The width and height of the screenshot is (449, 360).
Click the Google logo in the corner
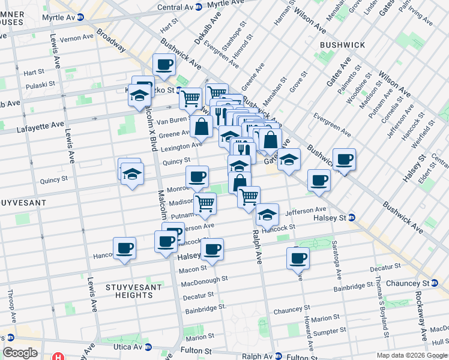point(20,353)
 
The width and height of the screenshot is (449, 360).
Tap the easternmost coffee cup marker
point(344,159)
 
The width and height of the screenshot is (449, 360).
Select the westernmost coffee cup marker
point(124,248)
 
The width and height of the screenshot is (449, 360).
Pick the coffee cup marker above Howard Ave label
point(297,258)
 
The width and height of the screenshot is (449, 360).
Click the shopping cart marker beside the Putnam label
point(205,203)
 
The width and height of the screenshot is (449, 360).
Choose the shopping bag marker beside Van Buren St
point(203,127)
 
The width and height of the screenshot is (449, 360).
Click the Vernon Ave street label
point(77,37)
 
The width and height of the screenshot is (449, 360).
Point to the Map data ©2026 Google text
point(411,355)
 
